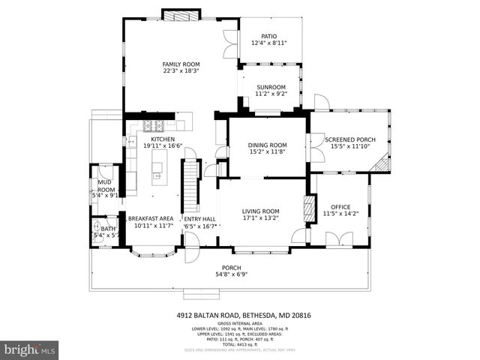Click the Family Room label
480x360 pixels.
pos(179,65)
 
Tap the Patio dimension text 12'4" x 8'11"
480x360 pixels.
pos(268,43)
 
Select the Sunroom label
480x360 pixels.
pos(271,87)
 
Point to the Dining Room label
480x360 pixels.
pos(268,145)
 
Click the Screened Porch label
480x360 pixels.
pos(352,139)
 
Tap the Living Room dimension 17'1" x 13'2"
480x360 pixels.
pos(260,219)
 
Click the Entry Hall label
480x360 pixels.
pos(199,219)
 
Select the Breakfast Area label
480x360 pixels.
pos(150,218)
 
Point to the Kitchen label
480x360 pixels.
pos(163,139)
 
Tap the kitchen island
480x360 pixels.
pos(157,172)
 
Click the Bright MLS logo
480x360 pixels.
pos(30,349)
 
